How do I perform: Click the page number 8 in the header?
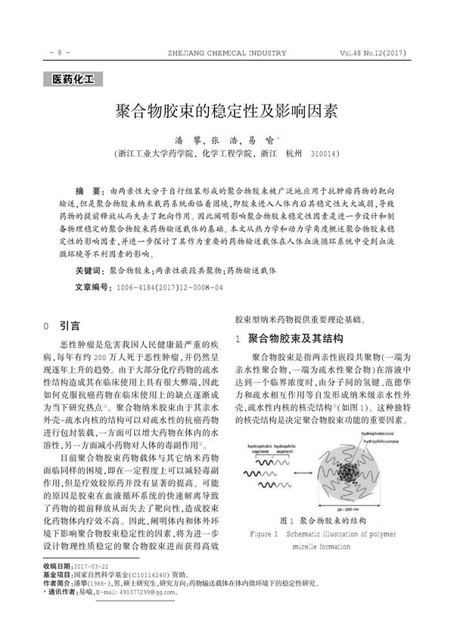(60, 53)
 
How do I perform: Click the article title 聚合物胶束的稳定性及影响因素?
(226, 112)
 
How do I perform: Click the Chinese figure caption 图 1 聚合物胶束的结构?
(322, 521)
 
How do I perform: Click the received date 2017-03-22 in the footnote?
(92, 587)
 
